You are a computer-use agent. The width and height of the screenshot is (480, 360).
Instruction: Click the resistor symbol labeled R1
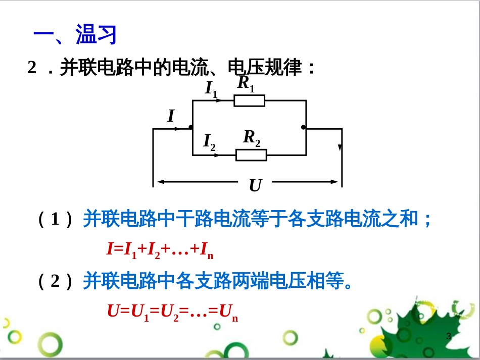(249, 100)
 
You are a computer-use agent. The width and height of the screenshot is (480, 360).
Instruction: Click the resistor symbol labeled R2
(251, 155)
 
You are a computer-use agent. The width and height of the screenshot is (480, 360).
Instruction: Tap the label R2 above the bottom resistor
(252, 137)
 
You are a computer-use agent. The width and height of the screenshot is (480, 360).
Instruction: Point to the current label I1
(211, 89)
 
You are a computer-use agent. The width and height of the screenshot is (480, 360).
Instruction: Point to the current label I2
(209, 142)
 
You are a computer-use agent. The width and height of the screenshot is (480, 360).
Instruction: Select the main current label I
(171, 117)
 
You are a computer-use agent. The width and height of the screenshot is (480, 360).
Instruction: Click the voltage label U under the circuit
(255, 186)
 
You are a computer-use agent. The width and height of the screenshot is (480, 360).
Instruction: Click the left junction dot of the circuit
(190, 127)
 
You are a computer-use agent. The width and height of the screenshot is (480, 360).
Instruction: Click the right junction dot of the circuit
(303, 127)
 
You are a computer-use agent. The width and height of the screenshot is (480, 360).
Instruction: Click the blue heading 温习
(97, 35)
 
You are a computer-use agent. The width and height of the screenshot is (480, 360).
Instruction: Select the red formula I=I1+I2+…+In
(160, 249)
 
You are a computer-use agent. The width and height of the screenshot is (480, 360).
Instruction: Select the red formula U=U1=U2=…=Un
(172, 312)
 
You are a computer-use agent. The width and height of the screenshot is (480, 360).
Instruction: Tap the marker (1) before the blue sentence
(56, 220)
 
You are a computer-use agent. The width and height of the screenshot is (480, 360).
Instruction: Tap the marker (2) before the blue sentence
(56, 281)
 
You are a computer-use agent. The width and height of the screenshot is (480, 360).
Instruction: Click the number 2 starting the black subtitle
(32, 67)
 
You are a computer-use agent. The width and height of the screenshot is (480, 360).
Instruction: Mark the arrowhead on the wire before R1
(219, 100)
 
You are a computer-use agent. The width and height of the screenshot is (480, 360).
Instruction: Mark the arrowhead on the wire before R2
(217, 155)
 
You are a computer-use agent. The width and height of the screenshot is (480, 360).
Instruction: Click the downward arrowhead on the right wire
(340, 148)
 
